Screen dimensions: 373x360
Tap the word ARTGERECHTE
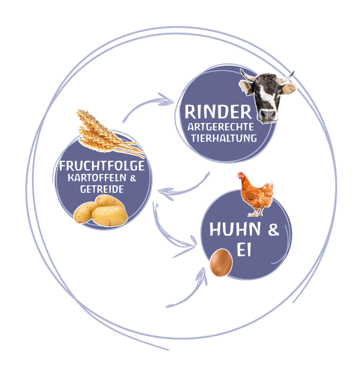pos(220,127)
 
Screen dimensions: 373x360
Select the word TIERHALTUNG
pos(223,138)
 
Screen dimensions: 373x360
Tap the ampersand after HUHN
pos(274,230)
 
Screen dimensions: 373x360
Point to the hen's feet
pos(255,213)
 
